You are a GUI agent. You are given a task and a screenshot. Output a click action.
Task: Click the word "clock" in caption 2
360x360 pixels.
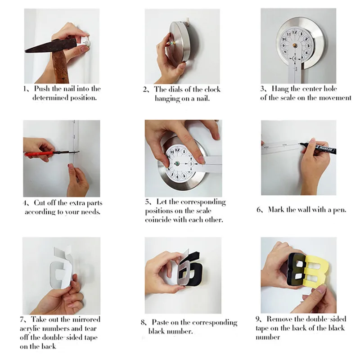[211, 90]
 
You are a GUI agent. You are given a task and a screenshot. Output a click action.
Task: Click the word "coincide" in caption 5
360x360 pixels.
[158, 220]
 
